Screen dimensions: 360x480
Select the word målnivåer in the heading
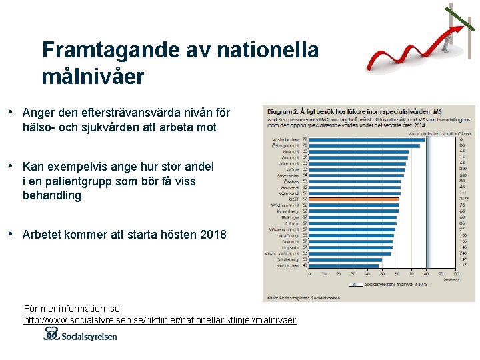[92, 77]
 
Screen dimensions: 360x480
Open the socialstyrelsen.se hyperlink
[160, 321]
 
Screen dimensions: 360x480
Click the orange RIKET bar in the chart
[354, 199]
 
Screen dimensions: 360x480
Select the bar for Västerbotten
[367, 139]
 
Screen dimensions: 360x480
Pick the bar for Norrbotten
[344, 265]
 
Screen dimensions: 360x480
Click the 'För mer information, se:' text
[73, 309]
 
